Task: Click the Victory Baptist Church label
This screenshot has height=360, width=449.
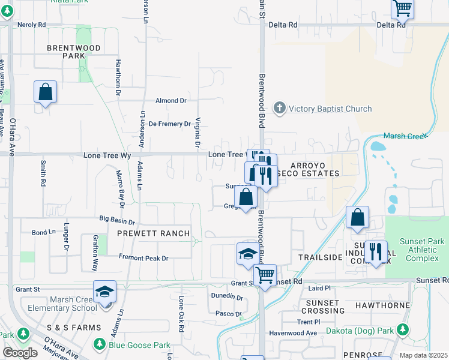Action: tap(330, 109)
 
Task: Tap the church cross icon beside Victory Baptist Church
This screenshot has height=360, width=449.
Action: tap(279, 109)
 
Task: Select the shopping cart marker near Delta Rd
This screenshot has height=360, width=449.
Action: tap(402, 9)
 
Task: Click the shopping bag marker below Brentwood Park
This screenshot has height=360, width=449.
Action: tap(45, 93)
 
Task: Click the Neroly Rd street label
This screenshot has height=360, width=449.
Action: tap(32, 25)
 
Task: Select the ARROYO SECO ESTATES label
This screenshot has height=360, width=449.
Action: tap(315, 169)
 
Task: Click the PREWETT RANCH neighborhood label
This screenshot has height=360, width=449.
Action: tap(153, 233)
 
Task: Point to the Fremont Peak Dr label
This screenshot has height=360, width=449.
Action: tap(143, 258)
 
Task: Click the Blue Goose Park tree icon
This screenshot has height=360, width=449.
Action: tap(100, 344)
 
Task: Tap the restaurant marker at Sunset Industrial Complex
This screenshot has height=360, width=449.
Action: tap(375, 251)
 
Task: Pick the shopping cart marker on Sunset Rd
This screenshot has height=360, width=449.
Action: tap(264, 275)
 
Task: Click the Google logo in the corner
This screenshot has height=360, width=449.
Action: tap(20, 353)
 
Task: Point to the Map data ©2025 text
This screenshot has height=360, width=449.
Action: tap(423, 355)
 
